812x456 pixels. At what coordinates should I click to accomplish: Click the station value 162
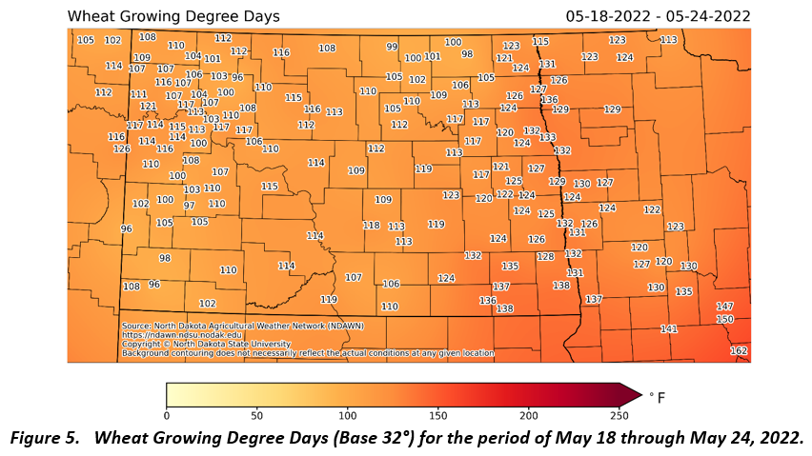[x=739, y=351]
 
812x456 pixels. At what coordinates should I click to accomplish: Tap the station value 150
[x=725, y=319]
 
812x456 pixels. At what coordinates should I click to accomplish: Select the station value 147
[x=725, y=307]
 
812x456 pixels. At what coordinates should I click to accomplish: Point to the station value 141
[x=669, y=328]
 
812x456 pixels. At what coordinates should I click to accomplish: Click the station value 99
[x=392, y=47]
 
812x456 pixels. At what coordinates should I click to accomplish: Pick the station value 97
[x=190, y=206]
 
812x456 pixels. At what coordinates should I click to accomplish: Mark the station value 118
[x=372, y=226]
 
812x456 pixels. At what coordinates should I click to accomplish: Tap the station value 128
[x=545, y=257]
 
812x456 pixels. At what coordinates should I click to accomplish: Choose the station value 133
[x=548, y=138]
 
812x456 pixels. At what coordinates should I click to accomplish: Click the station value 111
[x=139, y=94]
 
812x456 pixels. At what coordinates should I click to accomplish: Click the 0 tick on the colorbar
[x=167, y=415]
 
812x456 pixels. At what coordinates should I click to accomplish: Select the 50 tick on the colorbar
[x=257, y=415]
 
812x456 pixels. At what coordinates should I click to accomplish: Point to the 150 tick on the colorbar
[x=438, y=415]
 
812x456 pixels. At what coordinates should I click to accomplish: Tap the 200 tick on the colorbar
[x=529, y=415]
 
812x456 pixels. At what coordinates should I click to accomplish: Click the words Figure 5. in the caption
[x=47, y=438]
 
